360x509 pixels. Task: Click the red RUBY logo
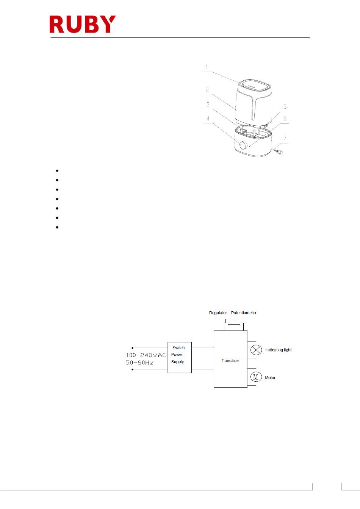82,24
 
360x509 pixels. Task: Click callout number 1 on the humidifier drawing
207,68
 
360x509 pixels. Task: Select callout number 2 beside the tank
207,89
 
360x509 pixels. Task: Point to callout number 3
208,104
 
